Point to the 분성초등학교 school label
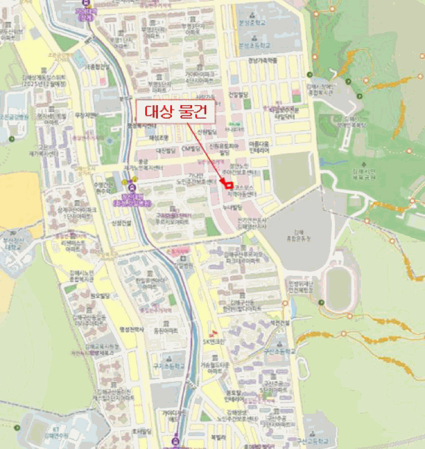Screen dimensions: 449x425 click(x=252, y=46)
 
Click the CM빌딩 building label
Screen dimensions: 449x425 click(x=192, y=149)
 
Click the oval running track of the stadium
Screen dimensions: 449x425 click(x=338, y=287)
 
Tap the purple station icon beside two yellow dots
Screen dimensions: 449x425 click(x=132, y=188)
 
